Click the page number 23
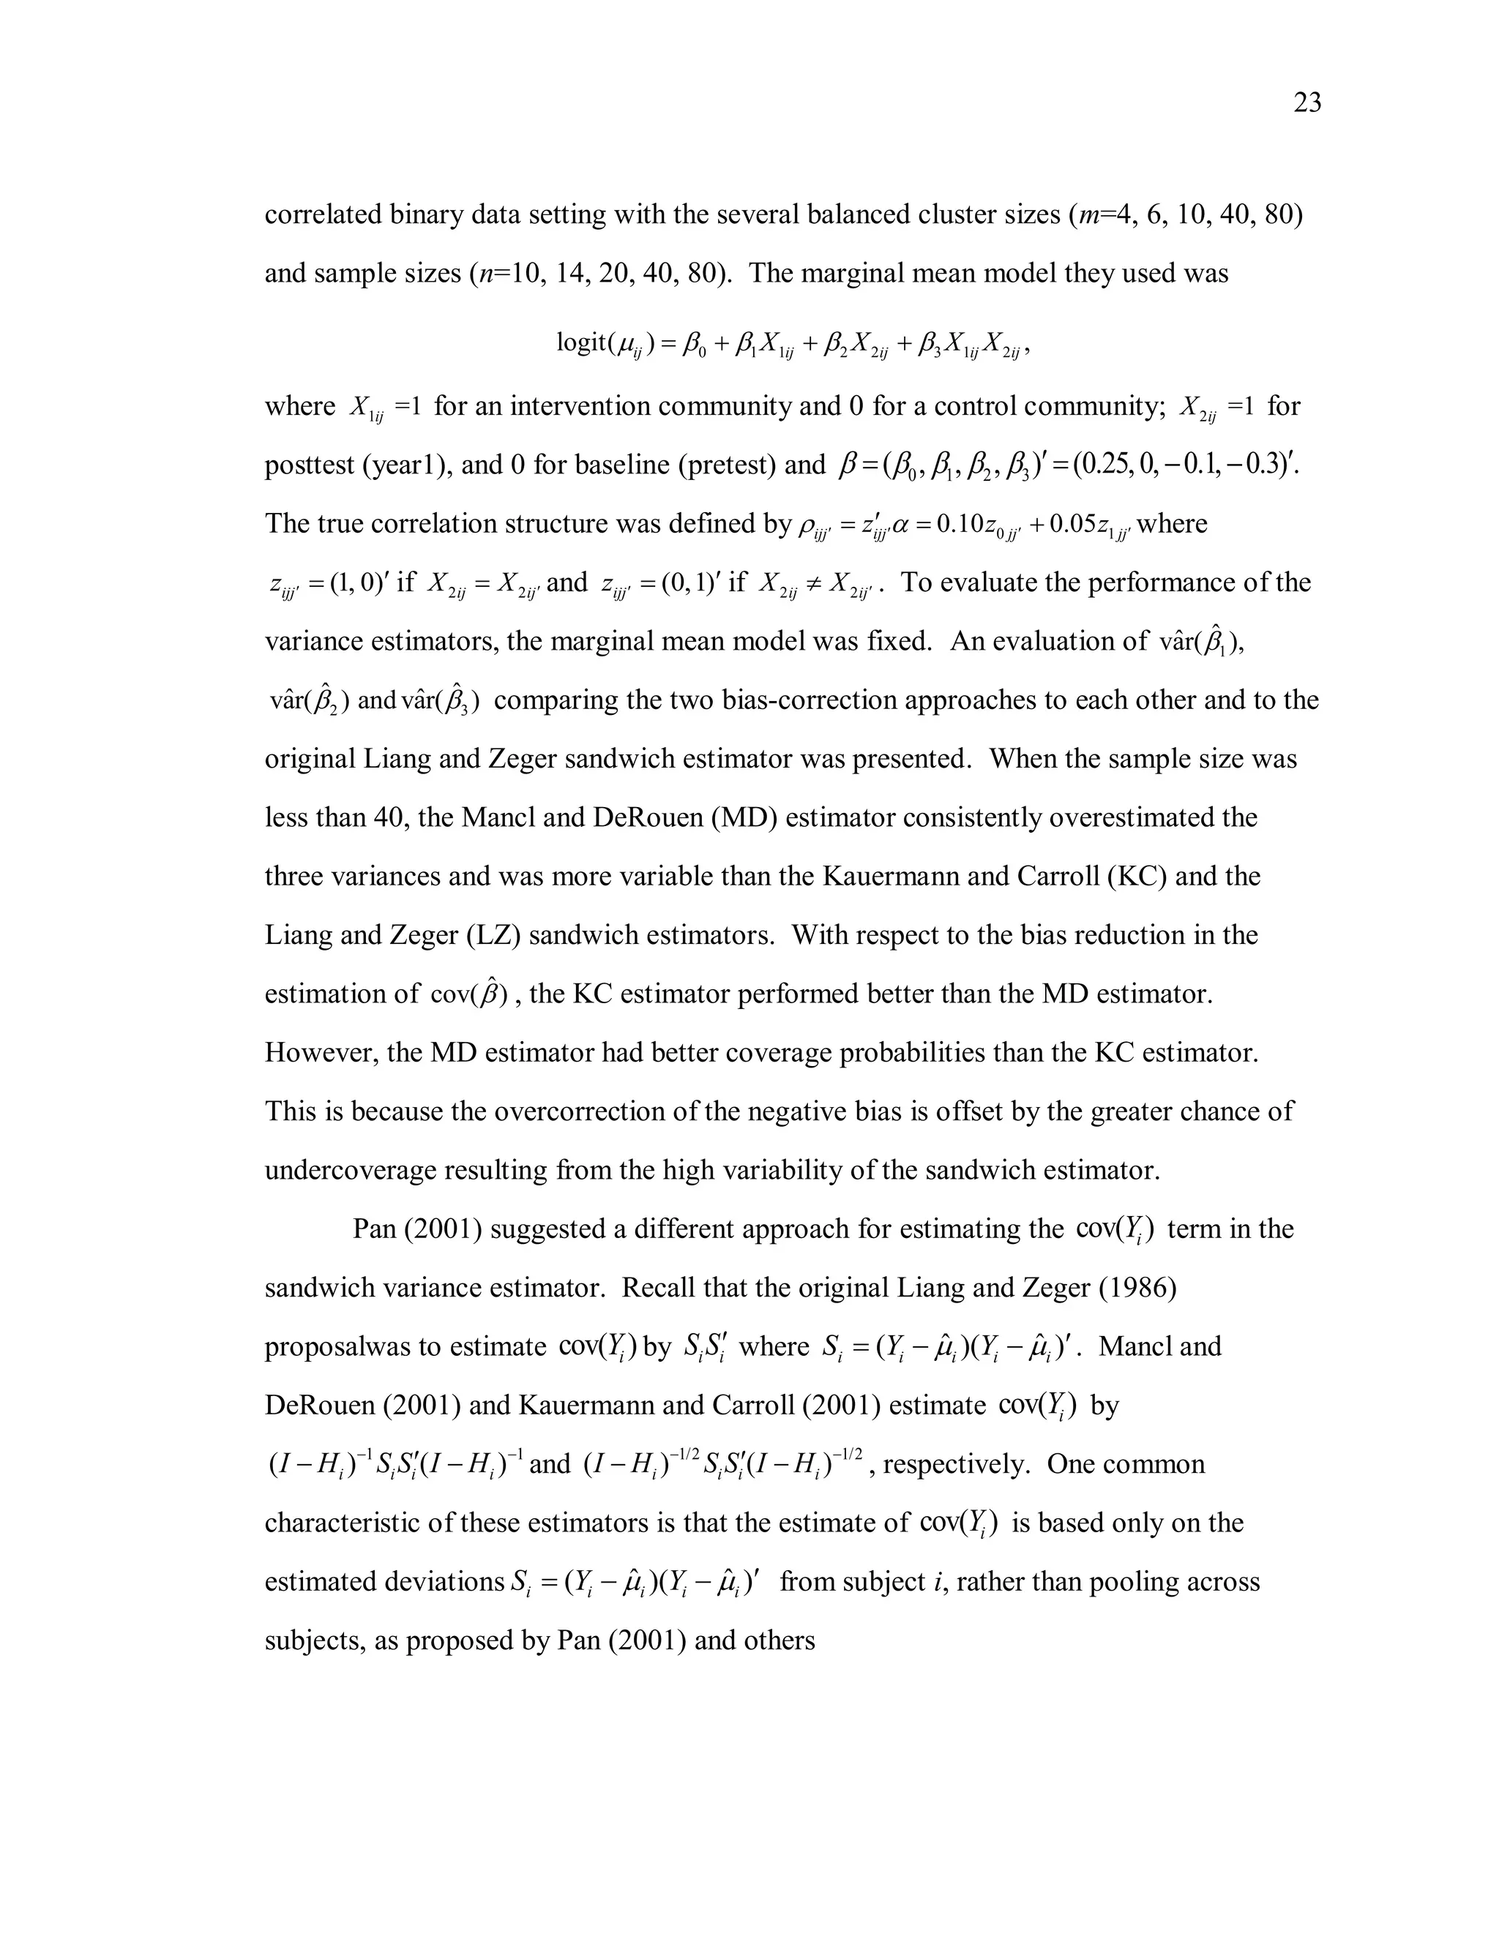pyautogui.click(x=1307, y=104)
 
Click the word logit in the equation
pyautogui.click(x=582, y=342)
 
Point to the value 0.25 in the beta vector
pyautogui.click(x=1102, y=465)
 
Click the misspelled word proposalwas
pyautogui.click(x=340, y=1347)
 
